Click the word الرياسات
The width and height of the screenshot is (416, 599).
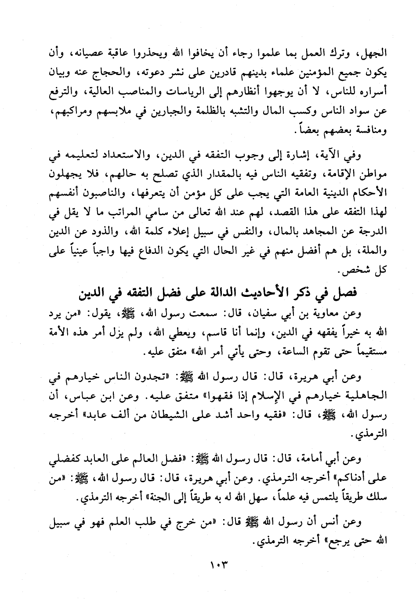208,92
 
